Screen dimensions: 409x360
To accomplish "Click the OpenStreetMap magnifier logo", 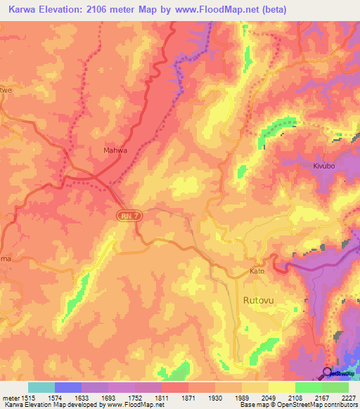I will click(327, 372).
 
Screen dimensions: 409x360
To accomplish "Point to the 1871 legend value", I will click(188, 397).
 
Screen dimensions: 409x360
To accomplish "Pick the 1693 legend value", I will click(108, 397).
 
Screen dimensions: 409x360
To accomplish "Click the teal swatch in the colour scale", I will click(41, 387).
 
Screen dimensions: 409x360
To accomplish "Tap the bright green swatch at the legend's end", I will click(335, 387).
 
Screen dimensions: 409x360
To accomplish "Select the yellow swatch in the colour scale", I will click(282, 387).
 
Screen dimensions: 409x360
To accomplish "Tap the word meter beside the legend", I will click(13, 397).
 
